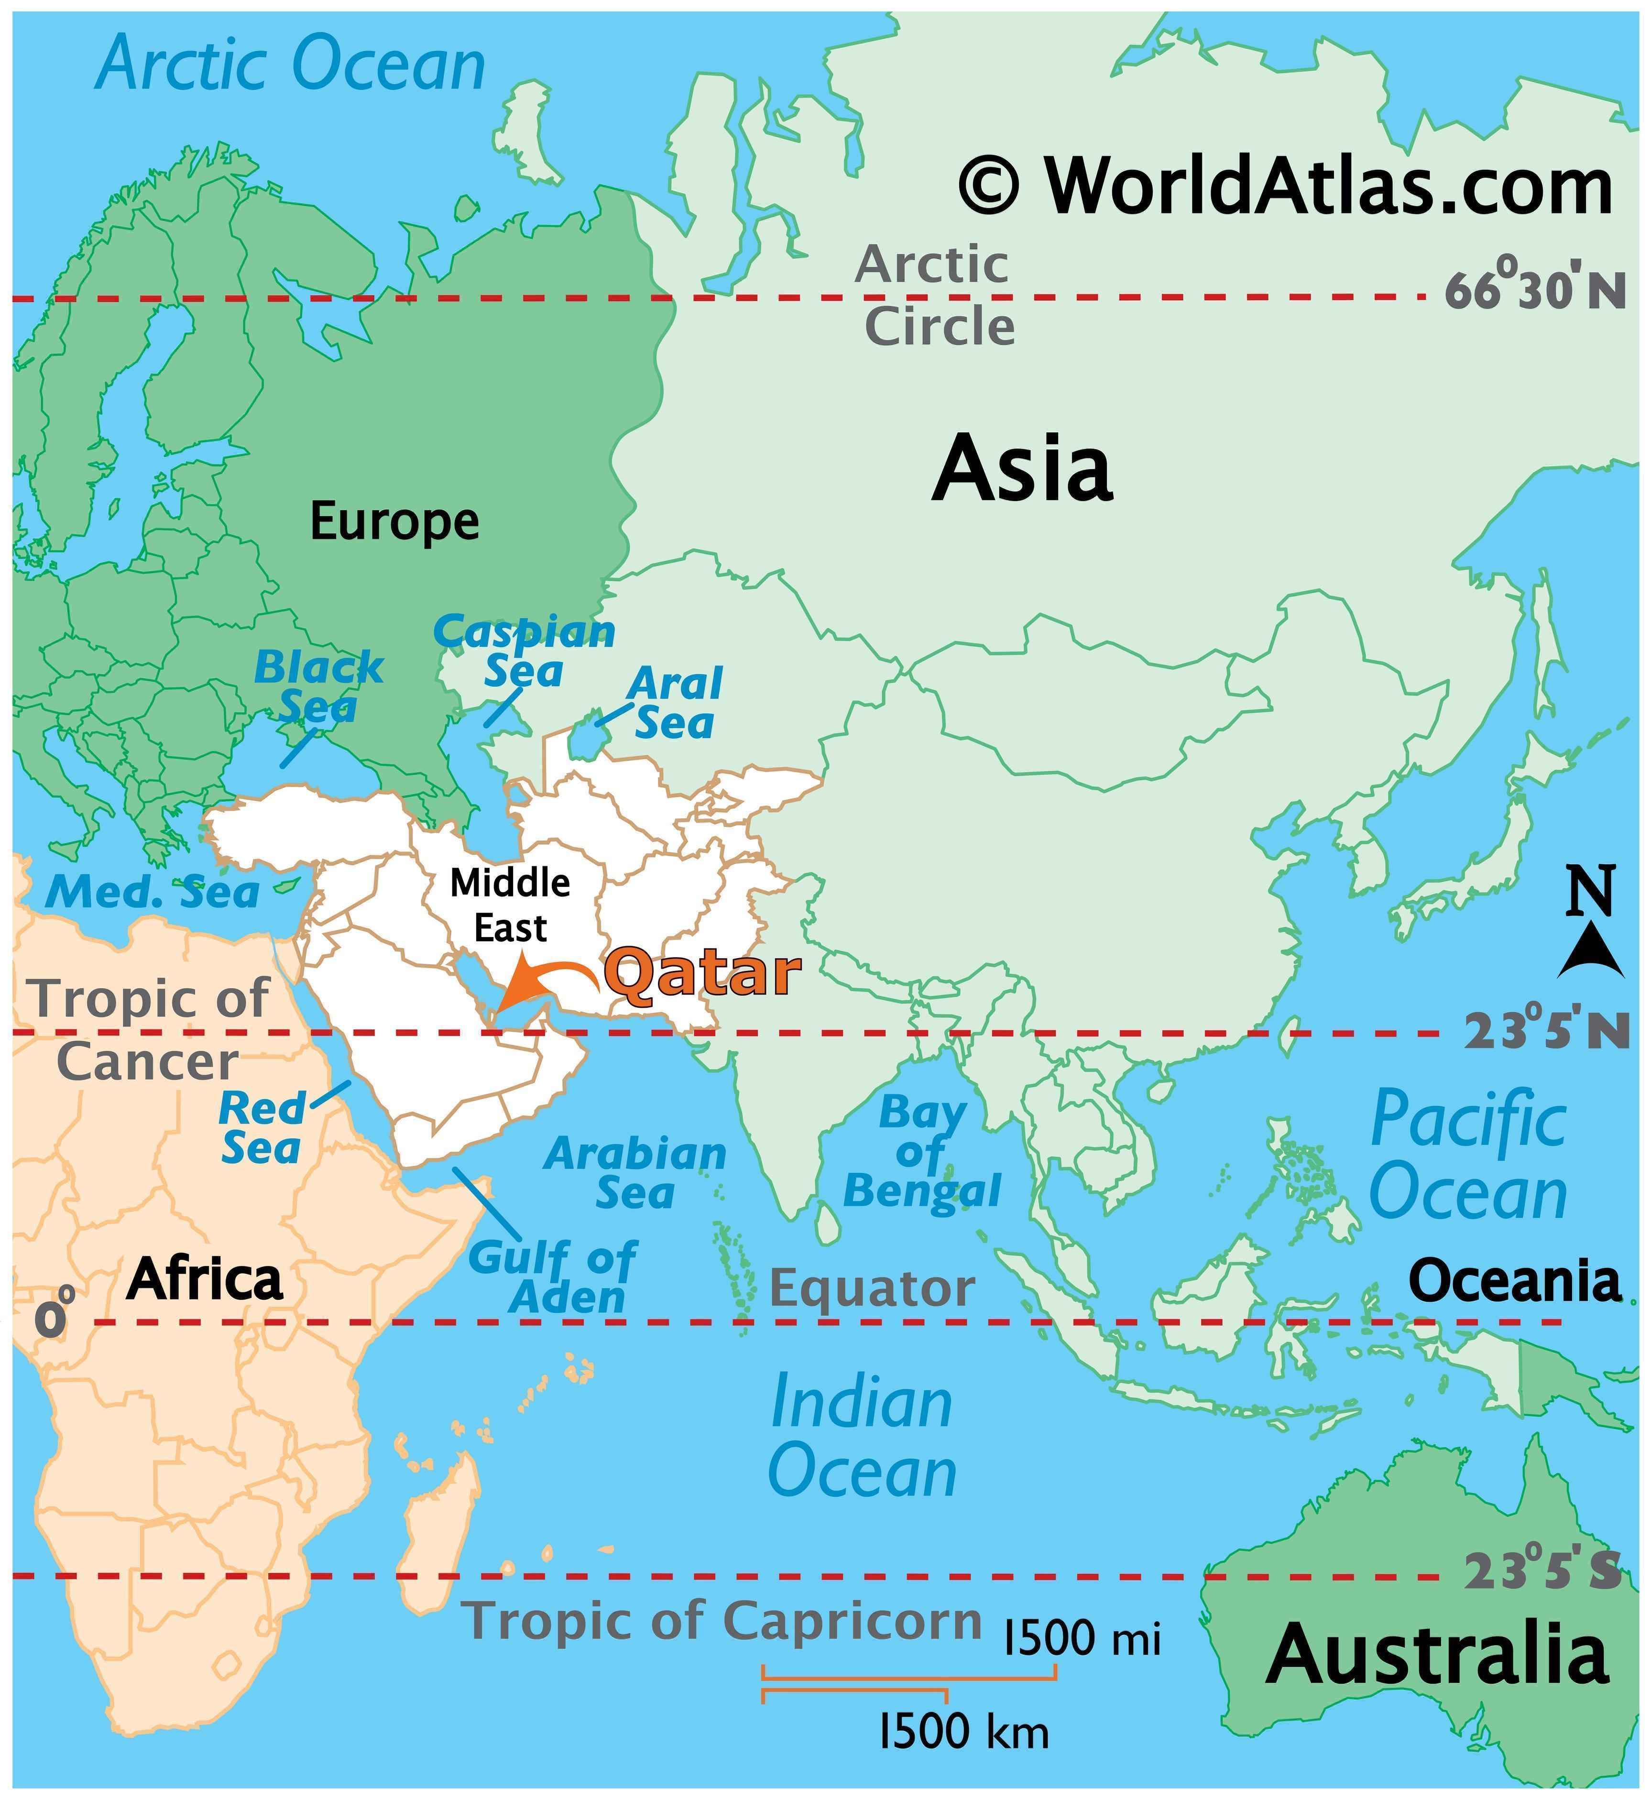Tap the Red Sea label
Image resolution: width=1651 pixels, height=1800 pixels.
(261, 1127)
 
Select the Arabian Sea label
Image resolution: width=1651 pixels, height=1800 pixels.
(635, 1172)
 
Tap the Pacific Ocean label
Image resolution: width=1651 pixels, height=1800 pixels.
(1468, 1156)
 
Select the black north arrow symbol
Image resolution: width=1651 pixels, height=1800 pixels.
(1591, 961)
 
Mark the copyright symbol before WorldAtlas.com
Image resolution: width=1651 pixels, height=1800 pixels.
(989, 185)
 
